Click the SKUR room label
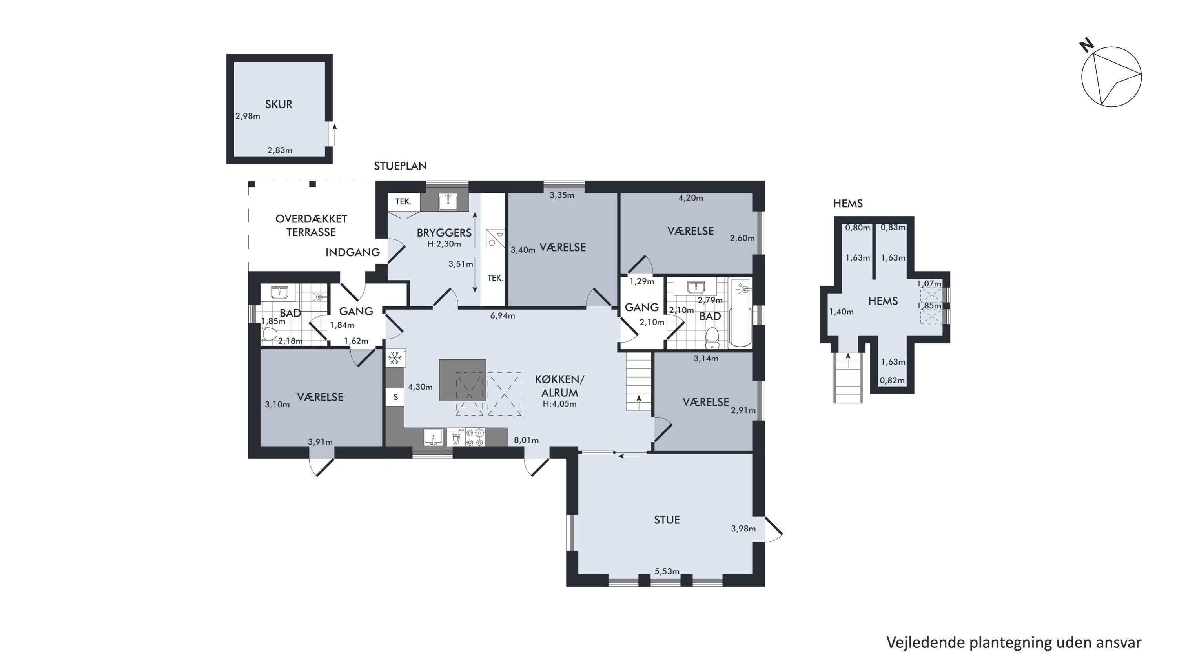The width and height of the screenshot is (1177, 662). tap(279, 104)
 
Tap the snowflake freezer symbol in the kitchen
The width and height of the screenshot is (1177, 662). tap(395, 358)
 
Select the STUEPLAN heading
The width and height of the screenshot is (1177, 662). tap(400, 166)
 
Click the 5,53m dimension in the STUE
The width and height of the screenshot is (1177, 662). tap(667, 571)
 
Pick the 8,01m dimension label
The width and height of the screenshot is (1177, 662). tap(527, 440)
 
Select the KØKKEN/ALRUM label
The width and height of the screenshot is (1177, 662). tap(560, 386)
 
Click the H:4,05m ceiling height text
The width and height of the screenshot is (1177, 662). tap(560, 404)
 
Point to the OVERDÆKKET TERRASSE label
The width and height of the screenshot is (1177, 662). tap(311, 225)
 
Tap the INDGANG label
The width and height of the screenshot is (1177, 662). tap(353, 252)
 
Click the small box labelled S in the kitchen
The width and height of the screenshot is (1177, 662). tap(395, 397)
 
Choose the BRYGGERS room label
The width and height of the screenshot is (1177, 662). tap(444, 233)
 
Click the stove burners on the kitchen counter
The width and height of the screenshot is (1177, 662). tap(475, 437)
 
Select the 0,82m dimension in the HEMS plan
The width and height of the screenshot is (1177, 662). tap(892, 380)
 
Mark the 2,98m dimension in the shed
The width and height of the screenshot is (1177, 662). tap(248, 116)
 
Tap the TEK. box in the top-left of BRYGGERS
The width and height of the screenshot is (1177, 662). tap(403, 201)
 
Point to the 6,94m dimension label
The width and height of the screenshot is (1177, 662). tap(503, 315)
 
